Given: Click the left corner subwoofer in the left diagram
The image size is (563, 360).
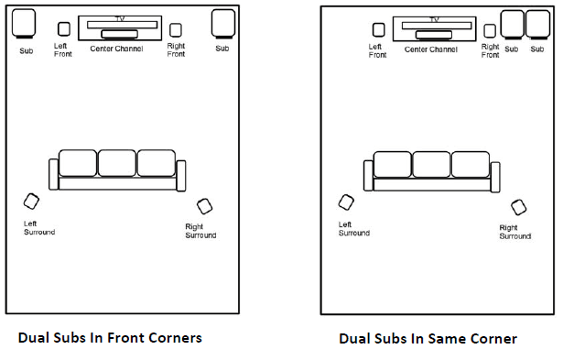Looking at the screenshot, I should pos(26,23).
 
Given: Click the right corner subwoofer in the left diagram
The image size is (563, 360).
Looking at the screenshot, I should pos(222,23).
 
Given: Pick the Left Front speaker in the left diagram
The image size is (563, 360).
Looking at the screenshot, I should pos(64,30).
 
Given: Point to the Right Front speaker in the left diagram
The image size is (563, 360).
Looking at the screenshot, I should pos(176,30).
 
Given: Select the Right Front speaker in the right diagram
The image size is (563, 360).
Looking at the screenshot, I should pos(491,31).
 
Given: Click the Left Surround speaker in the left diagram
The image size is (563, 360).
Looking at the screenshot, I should pos(32,202).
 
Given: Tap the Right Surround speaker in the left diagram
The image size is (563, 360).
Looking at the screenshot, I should pos(204,207).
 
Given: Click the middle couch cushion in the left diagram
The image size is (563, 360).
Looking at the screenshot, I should pos(117,163).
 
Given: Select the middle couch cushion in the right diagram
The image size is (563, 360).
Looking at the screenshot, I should pos(431,164).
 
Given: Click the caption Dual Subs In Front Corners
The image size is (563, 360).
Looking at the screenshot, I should pos(110,337).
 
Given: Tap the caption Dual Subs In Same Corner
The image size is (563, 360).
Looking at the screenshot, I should pos(428,338).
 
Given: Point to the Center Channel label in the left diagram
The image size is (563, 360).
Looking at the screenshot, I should pos(115,49).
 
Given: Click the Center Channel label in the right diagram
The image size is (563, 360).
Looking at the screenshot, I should pos(430,49).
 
